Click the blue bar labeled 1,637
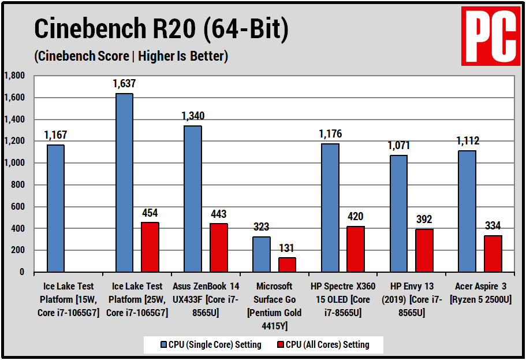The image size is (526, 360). (x=124, y=183)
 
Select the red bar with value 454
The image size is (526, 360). (x=150, y=247)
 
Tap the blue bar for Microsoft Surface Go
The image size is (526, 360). (x=261, y=254)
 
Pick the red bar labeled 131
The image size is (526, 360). (x=287, y=265)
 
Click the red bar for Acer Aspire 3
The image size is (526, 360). (x=493, y=254)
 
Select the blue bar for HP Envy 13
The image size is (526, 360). (x=398, y=213)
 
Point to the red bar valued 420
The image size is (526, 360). (x=355, y=249)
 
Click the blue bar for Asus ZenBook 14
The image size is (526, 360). (x=193, y=199)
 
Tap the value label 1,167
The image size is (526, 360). (x=55, y=135)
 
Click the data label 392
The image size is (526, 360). (x=423, y=220)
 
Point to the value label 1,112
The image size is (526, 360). (x=467, y=141)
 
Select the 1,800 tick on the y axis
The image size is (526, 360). (x=14, y=76)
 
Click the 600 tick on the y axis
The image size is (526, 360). (x=18, y=206)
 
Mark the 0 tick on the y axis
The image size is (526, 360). (x=22, y=272)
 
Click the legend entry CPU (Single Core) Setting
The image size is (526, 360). (x=210, y=345)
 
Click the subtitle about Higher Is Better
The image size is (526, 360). (x=131, y=56)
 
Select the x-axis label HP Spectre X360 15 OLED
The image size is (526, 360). (x=342, y=299)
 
